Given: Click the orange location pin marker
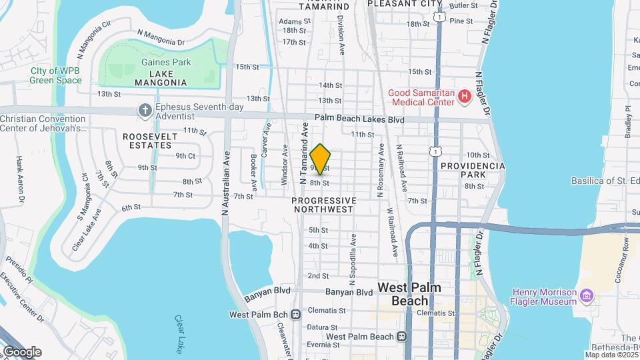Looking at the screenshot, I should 321,159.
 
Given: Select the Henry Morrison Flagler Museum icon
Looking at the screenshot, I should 586,295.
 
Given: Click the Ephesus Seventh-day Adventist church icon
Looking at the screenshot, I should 145,110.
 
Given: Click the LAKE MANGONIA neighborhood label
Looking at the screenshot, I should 161,77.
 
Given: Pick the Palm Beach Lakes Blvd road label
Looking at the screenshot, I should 360,119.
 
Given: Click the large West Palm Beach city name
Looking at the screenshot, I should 409,293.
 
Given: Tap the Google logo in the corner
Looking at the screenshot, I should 21,351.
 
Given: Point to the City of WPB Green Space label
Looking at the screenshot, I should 55,76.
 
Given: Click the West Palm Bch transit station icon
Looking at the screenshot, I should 295,314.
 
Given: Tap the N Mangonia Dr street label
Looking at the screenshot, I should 161,37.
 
